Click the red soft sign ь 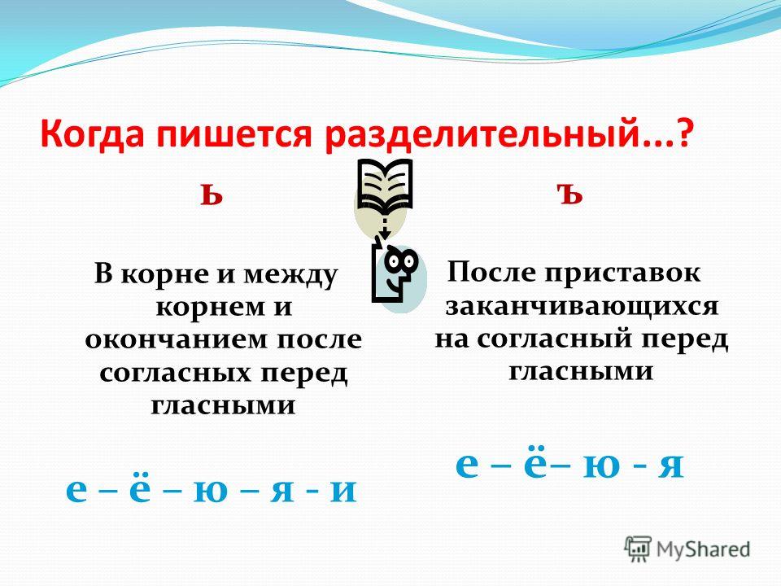(212, 194)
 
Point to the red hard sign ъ (569, 193)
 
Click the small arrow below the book (384, 227)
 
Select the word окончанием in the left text (177, 340)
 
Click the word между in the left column (296, 276)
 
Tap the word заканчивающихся (582, 306)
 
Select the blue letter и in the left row (343, 490)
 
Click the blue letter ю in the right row (601, 466)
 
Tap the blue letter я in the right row (670, 466)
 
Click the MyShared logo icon (638, 549)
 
